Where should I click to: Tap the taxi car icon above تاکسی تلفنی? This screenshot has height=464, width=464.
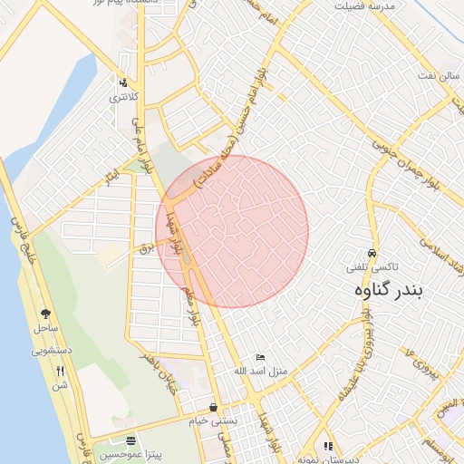[x=373, y=253]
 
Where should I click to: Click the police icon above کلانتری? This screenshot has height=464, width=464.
[x=123, y=82]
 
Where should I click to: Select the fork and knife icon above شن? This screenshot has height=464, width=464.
[x=62, y=371]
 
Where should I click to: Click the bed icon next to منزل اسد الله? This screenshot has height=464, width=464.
[x=261, y=358]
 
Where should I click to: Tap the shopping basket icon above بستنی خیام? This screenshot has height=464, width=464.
[x=212, y=408]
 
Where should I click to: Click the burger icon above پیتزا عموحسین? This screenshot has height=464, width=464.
[x=131, y=440]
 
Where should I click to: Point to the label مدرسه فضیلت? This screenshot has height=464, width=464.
[x=364, y=5]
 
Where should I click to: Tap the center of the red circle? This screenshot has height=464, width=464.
[x=232, y=232]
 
